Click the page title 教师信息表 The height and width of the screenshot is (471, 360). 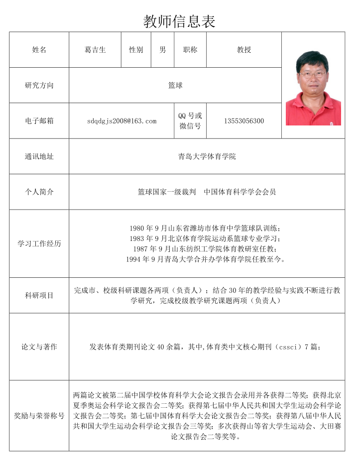click(x=179, y=21)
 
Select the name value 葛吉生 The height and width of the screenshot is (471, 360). click(x=95, y=50)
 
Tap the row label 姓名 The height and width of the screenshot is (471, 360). click(x=39, y=50)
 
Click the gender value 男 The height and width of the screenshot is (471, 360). click(x=163, y=50)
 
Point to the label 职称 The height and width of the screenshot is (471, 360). click(x=190, y=50)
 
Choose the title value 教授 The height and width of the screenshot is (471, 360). click(x=244, y=50)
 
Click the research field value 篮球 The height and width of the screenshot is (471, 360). click(x=175, y=86)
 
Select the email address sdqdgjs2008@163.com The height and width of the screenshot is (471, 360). click(x=121, y=121)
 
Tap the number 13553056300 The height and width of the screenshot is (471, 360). click(x=244, y=121)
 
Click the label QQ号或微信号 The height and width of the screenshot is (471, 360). click(x=190, y=121)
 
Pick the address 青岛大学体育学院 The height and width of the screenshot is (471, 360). click(x=207, y=156)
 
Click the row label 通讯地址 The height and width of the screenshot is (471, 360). click(x=39, y=156)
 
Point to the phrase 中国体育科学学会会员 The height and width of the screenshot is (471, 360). click(x=240, y=192)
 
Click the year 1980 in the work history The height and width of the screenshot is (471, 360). click(x=137, y=229)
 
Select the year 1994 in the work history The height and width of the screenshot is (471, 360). click(x=133, y=259)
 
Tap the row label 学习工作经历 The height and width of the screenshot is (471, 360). click(x=39, y=244)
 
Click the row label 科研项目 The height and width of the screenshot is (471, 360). click(x=39, y=295)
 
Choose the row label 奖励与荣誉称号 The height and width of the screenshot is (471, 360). click(x=39, y=415)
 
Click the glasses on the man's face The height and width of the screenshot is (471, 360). click(x=313, y=74)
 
